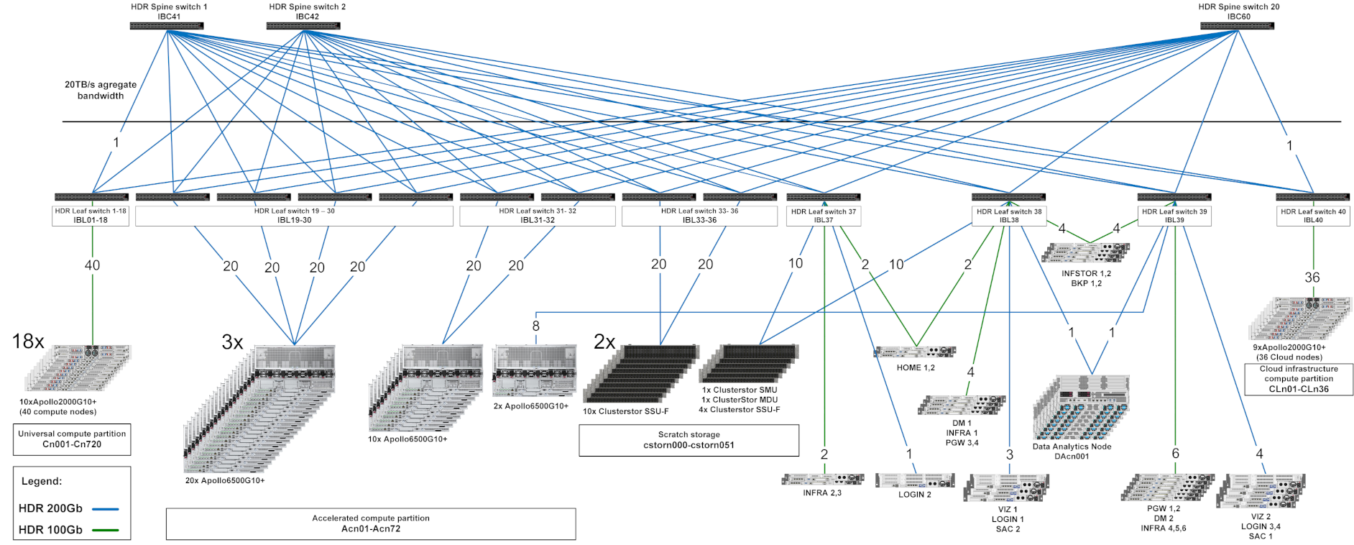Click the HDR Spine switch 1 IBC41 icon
point(167,26)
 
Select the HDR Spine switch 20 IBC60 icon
point(1237,26)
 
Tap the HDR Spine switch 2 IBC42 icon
point(303,26)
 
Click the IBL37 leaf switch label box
point(823,216)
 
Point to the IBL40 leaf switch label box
point(1313,216)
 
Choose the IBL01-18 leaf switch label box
point(91,216)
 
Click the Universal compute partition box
point(72,439)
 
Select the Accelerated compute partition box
point(371,523)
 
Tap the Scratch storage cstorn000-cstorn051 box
point(688,440)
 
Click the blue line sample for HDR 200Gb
point(106,509)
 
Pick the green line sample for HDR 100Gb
point(106,531)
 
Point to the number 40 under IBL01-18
point(92,265)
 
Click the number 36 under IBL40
point(1312,278)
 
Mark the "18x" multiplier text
point(28,342)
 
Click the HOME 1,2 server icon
point(915,352)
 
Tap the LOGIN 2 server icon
point(915,480)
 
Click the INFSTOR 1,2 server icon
point(1086,252)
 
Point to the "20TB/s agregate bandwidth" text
point(101,90)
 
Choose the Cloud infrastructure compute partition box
point(1299,379)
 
